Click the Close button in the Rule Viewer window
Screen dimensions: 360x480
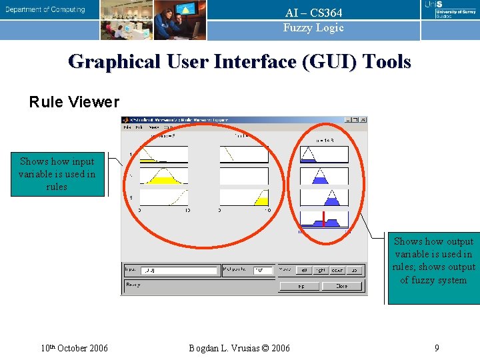(x=342, y=286)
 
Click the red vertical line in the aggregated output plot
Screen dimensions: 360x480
(x=323, y=219)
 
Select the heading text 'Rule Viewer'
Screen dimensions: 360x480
(x=74, y=102)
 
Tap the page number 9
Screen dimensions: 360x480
(x=436, y=348)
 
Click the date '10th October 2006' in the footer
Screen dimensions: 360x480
(x=74, y=348)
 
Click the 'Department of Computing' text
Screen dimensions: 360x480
(x=46, y=10)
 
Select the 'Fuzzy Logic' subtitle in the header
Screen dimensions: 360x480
(x=313, y=28)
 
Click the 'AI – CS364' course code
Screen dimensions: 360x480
(x=313, y=13)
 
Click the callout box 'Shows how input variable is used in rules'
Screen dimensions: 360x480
(x=57, y=174)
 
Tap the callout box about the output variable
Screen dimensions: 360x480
(x=434, y=261)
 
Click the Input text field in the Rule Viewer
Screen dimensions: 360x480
(x=181, y=271)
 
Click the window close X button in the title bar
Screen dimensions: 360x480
(x=363, y=120)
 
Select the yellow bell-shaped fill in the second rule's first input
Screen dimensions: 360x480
(x=163, y=179)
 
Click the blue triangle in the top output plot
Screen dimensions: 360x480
(x=308, y=157)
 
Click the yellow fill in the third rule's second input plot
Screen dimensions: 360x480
(x=261, y=201)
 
